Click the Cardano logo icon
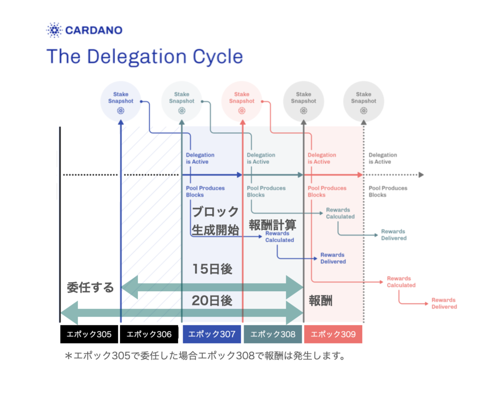pyautogui.click(x=54, y=30)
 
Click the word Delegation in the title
pyautogui.click(x=136, y=57)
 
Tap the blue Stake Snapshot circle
pyautogui.click(x=121, y=101)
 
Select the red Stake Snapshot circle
pyautogui.click(x=242, y=101)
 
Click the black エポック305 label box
pyautogui.click(x=89, y=334)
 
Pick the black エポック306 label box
pyautogui.click(x=149, y=334)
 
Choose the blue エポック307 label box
pyautogui.click(x=212, y=334)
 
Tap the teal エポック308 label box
pyautogui.click(x=273, y=334)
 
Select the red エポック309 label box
pyautogui.click(x=333, y=334)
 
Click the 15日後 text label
pyautogui.click(x=212, y=269)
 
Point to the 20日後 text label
pyautogui.click(x=212, y=301)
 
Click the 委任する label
pyautogui.click(x=91, y=287)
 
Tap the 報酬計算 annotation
pyautogui.click(x=273, y=225)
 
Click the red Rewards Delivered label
pyautogui.click(x=444, y=304)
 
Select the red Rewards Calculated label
pyautogui.click(x=401, y=282)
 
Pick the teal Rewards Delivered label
pyautogui.click(x=394, y=235)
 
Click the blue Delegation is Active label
pyautogui.click(x=200, y=158)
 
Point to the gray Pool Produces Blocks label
pyautogui.click(x=388, y=191)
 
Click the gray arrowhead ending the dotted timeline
pyautogui.click(x=421, y=175)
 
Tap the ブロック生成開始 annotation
pyautogui.click(x=216, y=221)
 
